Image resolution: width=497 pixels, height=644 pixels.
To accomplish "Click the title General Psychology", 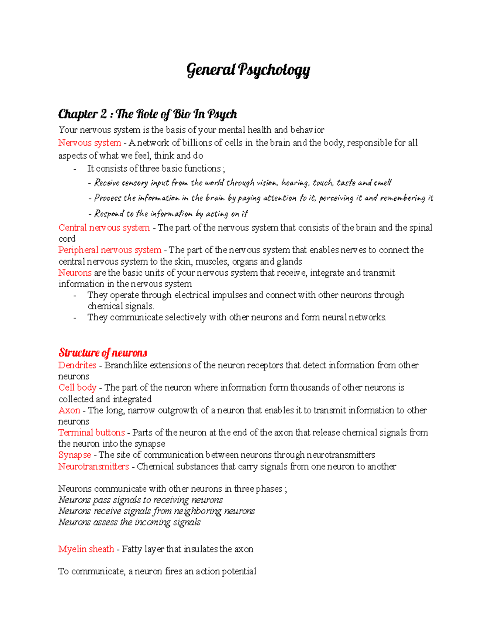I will point(248,70).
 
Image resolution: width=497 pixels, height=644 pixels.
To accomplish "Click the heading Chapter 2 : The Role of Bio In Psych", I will point(147,114).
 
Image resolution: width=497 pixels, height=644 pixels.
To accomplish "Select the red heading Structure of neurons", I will point(103,353).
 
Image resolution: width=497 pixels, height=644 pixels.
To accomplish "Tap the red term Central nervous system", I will point(104,228).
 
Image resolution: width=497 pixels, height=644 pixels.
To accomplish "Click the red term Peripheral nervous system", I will point(110,250).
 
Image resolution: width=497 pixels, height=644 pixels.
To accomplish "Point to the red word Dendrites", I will point(77,365).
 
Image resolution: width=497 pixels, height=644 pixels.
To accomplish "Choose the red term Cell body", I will point(77,388).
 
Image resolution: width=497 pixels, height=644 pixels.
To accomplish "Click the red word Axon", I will point(69,411).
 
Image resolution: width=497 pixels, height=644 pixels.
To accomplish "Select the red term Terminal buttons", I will point(92,433).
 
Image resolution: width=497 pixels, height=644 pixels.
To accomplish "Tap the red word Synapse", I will point(75,455).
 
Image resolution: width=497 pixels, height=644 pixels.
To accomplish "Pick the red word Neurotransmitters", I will point(94,467).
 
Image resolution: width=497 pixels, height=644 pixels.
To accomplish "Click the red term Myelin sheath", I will point(86,549).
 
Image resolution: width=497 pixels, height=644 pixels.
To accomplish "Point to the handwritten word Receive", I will point(107,183).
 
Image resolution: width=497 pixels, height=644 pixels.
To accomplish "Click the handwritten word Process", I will point(108,198).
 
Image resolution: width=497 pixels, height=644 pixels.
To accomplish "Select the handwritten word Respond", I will point(109,214).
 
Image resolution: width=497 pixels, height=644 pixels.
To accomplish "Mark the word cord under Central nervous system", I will point(67,239).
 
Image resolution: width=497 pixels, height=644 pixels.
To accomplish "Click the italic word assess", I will point(106,522).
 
